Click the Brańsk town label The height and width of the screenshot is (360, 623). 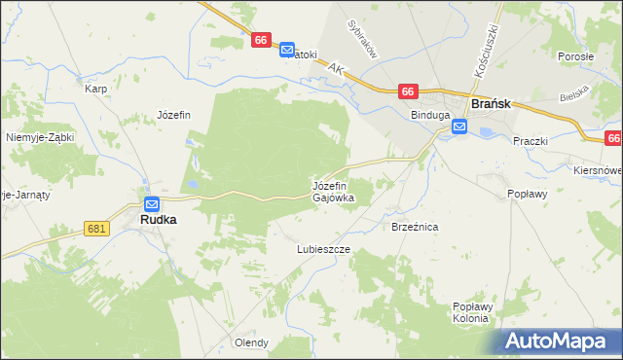tap(493, 102)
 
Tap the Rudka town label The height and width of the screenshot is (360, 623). tap(158, 221)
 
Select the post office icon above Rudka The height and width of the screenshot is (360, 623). tap(152, 203)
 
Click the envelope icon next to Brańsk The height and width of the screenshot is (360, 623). tap(459, 126)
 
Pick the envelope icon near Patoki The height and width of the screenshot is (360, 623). tap(286, 49)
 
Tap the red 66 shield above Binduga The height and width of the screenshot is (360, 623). tap(408, 91)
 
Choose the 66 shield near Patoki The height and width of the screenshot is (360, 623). tap(260, 40)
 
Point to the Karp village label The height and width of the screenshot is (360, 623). tap(95, 89)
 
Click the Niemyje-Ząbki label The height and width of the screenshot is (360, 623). tap(40, 137)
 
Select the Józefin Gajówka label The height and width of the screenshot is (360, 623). tap(333, 191)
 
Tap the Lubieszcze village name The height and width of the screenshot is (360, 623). tap(323, 249)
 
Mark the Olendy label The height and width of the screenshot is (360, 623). tap(251, 342)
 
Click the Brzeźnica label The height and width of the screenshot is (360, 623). tap(416, 226)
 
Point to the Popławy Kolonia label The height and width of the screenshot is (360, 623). tap(474, 312)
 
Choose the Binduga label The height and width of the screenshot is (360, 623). tap(429, 115)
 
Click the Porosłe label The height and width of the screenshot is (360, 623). tap(575, 56)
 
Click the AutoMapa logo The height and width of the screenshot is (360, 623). tap(561, 342)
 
